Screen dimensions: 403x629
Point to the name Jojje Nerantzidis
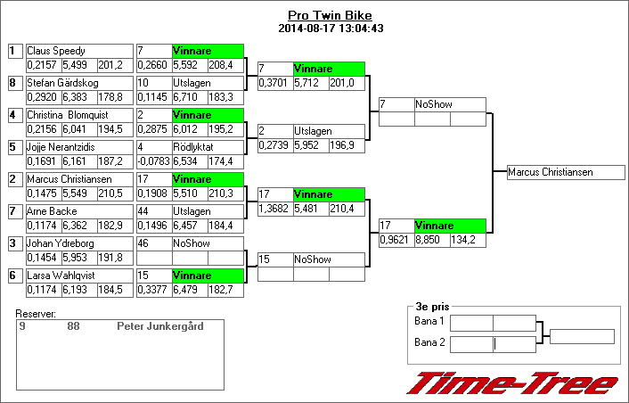coord(61,147)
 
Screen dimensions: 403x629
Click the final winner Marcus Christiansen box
coord(561,172)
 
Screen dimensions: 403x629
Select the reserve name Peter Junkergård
coord(159,326)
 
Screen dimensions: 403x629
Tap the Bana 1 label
coord(429,321)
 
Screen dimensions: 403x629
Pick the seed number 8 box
coord(12,83)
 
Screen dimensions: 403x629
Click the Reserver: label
coord(37,314)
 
